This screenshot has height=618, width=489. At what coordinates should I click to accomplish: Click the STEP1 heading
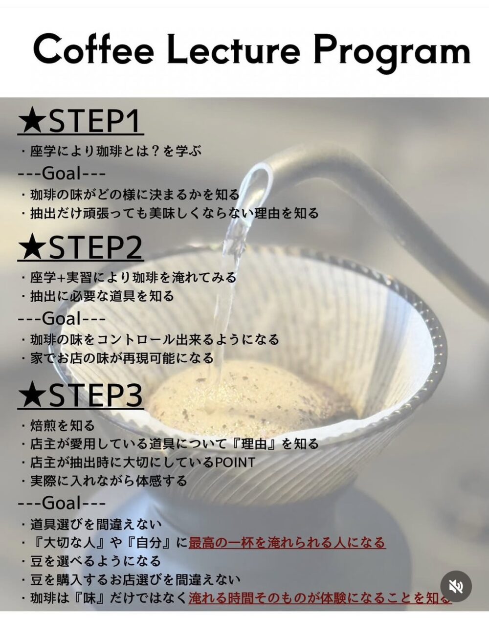[x=81, y=121]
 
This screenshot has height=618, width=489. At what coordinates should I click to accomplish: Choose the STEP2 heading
[x=81, y=247]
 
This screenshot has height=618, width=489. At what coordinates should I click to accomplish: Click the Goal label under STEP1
[x=62, y=173]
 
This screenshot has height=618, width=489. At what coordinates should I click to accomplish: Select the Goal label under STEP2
[x=62, y=318]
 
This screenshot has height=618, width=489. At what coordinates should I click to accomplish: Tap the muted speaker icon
[x=456, y=586]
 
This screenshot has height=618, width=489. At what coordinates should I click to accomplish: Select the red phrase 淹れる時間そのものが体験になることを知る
[x=320, y=597]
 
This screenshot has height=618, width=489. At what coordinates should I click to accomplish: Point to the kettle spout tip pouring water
[x=263, y=170]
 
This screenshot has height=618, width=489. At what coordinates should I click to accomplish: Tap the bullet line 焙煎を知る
[x=58, y=425]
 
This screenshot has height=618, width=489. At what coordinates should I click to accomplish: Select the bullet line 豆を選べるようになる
[x=91, y=561]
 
